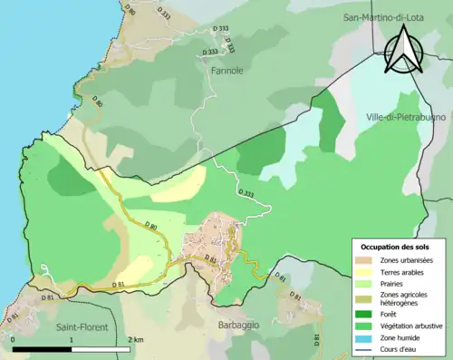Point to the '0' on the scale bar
[x=14, y=339]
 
